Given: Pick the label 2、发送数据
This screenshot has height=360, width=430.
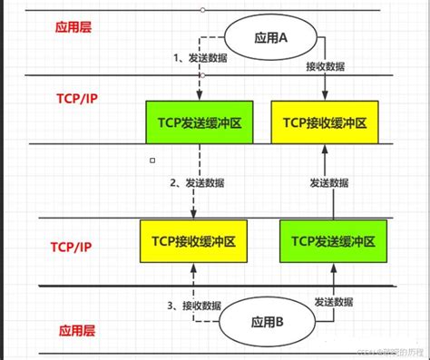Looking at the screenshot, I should click(x=199, y=182).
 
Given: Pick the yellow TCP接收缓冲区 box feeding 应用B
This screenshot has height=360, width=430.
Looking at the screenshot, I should click(x=193, y=242).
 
